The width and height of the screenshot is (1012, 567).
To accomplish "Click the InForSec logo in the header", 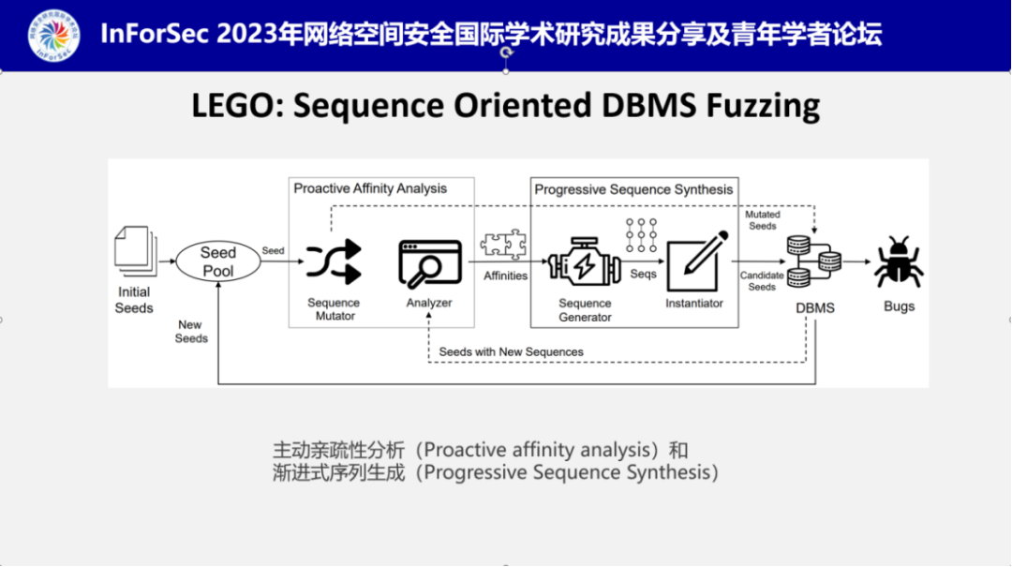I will (x=54, y=35).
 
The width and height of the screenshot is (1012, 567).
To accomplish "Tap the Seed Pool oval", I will (x=218, y=261).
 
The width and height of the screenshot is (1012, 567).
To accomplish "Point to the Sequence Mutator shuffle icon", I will (x=335, y=261).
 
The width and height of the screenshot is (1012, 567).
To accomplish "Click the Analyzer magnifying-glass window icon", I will (x=430, y=263).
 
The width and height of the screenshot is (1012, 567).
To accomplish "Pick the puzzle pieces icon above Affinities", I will (x=504, y=246).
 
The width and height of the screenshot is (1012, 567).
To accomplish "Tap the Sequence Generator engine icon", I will (x=584, y=263).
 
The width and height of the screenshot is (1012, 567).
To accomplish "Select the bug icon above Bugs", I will (x=899, y=262).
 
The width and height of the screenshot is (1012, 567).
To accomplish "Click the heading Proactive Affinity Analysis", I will (x=370, y=188).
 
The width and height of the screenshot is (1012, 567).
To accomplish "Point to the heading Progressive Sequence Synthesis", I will (x=633, y=189).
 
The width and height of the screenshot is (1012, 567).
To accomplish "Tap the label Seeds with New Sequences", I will (x=512, y=351).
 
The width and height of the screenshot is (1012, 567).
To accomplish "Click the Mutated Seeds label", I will (x=762, y=220).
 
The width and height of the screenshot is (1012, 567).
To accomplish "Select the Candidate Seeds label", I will (x=762, y=281).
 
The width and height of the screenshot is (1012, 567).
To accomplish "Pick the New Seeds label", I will (x=191, y=332).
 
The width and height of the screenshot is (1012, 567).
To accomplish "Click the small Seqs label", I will (x=643, y=275).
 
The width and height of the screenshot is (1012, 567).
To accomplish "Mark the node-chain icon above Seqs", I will (x=642, y=234).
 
